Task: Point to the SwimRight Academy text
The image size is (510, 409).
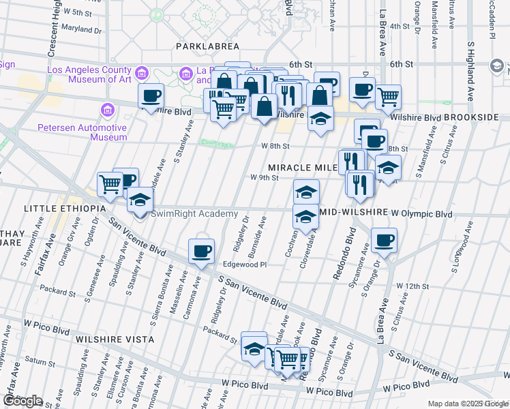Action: click(194, 213)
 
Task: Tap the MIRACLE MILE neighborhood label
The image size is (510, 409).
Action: click(303, 167)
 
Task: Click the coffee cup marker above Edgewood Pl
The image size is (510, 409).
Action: click(201, 251)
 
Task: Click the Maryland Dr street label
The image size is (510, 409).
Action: click(80, 30)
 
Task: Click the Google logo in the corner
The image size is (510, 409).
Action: click(22, 401)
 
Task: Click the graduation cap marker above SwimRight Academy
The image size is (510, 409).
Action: click(140, 200)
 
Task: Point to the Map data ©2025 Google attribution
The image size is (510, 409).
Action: click(468, 404)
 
